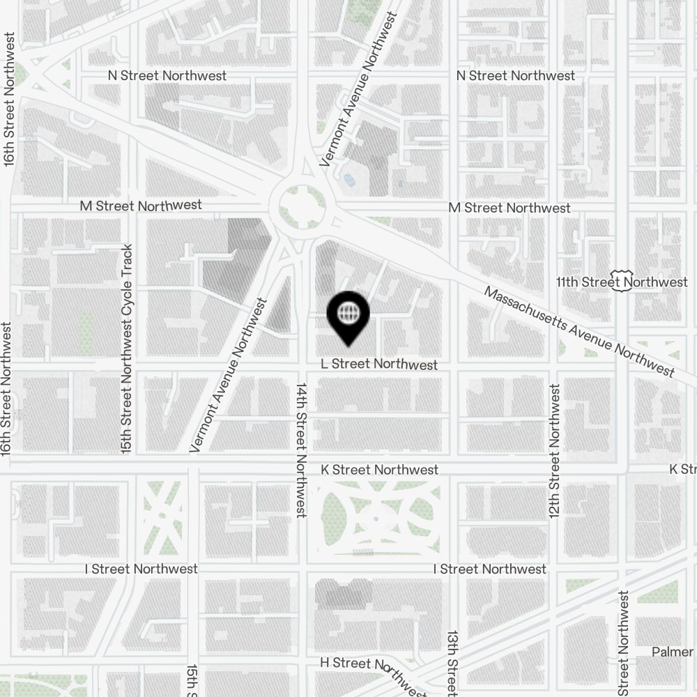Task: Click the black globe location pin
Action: (x=347, y=315)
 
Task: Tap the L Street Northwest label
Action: (x=379, y=365)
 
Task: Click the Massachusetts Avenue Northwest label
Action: (x=579, y=332)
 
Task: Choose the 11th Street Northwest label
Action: (x=631, y=282)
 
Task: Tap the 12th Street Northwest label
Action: (x=555, y=451)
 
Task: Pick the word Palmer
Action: (x=673, y=652)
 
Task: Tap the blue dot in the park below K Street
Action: (x=376, y=519)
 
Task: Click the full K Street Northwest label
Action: (x=379, y=470)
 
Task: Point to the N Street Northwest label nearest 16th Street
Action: (x=167, y=75)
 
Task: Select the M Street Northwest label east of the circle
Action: (x=509, y=208)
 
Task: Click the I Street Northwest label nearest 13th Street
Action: (x=489, y=569)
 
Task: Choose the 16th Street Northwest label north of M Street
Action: (x=9, y=98)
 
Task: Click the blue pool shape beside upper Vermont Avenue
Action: (x=348, y=180)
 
